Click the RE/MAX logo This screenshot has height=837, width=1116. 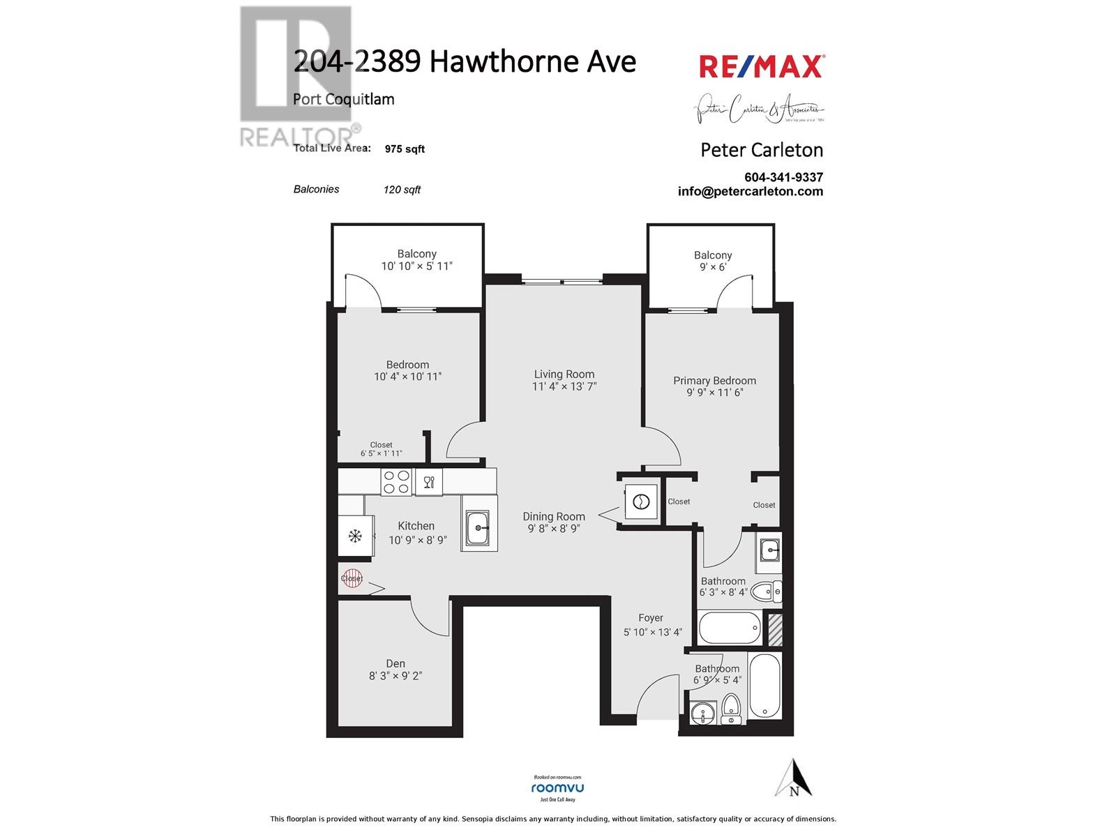762,67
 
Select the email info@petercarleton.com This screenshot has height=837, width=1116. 750,192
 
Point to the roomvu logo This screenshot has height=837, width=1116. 557,787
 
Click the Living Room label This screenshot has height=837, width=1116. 564,374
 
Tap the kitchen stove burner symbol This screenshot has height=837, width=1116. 396,482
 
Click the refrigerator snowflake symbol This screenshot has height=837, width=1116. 355,536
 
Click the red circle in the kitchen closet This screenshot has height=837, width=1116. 352,578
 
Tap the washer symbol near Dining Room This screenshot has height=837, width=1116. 640,502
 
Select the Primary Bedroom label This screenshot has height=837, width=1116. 714,380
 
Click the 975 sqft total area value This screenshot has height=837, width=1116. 405,149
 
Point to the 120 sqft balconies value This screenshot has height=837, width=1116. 402,190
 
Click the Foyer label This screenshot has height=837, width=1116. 651,618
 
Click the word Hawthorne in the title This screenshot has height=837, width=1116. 497,61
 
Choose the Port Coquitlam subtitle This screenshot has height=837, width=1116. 343,99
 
